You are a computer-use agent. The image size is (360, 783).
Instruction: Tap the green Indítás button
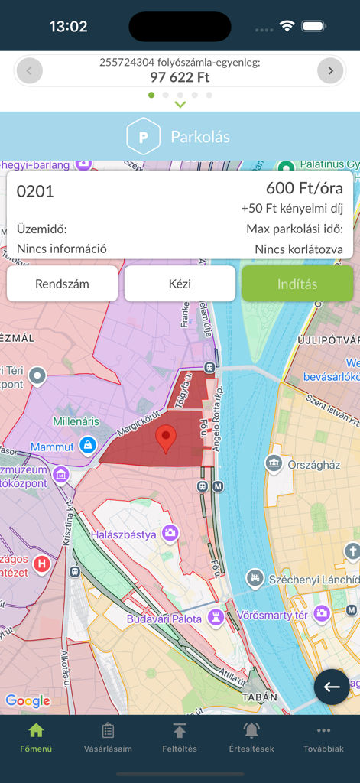(x=297, y=284)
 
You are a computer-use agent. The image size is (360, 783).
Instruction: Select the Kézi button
(x=180, y=284)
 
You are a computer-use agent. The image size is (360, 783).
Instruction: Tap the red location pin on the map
(x=166, y=440)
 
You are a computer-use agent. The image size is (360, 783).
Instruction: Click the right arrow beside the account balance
(x=330, y=71)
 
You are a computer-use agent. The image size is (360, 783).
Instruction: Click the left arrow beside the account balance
(x=30, y=71)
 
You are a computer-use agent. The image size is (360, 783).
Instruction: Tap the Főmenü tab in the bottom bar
(x=36, y=739)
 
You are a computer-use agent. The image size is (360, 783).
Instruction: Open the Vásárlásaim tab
(x=108, y=739)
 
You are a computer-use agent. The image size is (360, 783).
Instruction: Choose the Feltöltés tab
(x=180, y=739)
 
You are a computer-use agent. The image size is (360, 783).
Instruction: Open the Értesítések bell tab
(x=251, y=739)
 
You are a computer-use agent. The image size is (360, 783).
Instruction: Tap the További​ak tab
(x=323, y=739)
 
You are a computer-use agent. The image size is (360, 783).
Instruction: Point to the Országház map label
(x=313, y=464)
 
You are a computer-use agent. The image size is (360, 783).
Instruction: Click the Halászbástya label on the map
(x=124, y=534)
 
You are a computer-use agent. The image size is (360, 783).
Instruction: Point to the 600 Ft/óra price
(x=304, y=188)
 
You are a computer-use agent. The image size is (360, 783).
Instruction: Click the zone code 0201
(x=35, y=191)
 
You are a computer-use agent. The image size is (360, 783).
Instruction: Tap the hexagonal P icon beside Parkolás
(x=143, y=137)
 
